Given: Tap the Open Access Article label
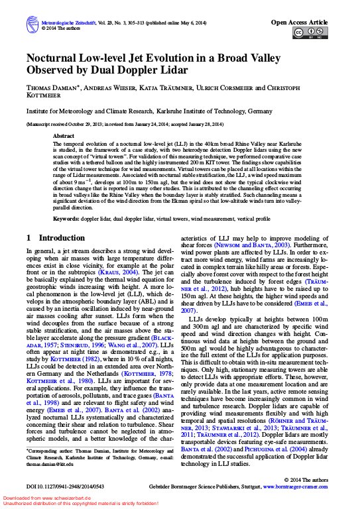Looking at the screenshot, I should click(x=299, y=22).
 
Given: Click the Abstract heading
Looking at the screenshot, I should click(x=63, y=136).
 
